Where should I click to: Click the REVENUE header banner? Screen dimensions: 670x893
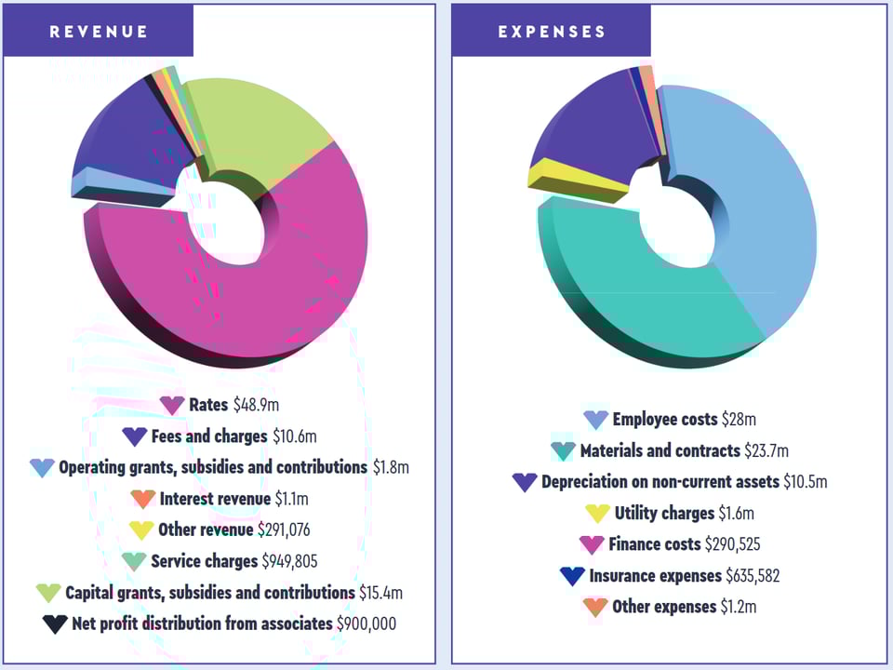pos(99,31)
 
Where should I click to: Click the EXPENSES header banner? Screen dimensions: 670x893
pos(552,31)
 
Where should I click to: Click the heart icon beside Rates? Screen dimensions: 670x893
pos(172,406)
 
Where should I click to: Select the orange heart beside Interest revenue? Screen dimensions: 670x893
pos(142,499)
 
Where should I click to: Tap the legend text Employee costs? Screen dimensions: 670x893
pos(664,420)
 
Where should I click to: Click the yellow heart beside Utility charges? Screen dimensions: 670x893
pos(597,514)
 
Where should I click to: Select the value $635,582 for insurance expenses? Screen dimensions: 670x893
pos(753,576)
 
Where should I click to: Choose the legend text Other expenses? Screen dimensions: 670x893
pos(664,607)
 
